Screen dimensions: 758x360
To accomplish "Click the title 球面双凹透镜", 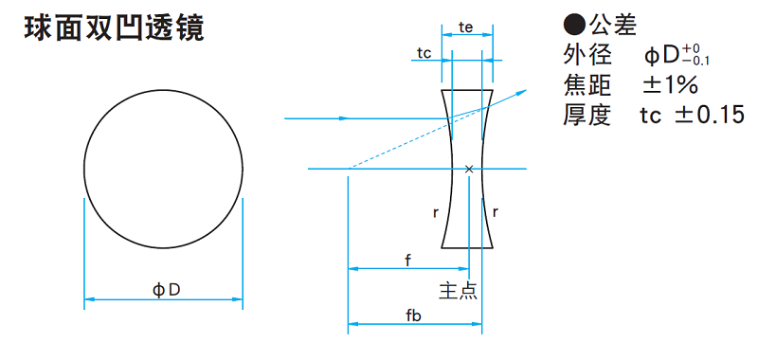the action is [x=114, y=29].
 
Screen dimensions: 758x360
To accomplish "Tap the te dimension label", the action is [x=465, y=28].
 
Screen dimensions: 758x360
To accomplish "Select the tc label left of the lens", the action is [x=424, y=54].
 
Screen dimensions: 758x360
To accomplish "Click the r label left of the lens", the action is [x=436, y=212].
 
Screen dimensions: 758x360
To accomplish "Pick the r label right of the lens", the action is [x=495, y=211].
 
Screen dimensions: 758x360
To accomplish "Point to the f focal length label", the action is [x=407, y=261].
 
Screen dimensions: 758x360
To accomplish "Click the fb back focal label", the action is [x=413, y=316].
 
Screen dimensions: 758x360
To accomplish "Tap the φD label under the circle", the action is [x=167, y=290].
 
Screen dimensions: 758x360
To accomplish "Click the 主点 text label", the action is [x=458, y=290].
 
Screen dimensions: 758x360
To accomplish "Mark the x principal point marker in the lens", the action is [x=468, y=169].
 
